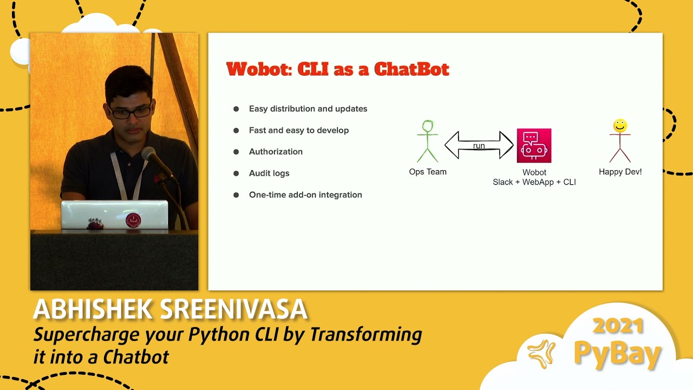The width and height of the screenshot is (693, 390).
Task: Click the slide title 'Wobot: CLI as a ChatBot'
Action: point(337,69)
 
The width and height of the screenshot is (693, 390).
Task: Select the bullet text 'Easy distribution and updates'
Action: point(308,109)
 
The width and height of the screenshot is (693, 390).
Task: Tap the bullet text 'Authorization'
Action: point(276,152)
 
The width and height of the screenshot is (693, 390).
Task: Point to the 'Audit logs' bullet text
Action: point(269,173)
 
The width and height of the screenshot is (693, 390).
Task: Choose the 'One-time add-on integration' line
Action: point(305,195)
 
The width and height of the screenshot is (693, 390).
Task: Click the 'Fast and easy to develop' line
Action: point(299,131)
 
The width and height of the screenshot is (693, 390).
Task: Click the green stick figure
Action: point(428,141)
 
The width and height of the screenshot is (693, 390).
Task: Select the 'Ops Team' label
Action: point(428,172)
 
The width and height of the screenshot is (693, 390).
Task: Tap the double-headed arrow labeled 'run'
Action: point(479,145)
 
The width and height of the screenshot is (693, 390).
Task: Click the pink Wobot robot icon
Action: point(534,146)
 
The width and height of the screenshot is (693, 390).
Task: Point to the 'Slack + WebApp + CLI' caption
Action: point(534,183)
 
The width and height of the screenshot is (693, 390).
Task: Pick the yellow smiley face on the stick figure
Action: point(620,126)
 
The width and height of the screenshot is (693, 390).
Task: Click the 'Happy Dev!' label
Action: point(620,172)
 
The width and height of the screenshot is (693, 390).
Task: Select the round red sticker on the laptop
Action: point(133,220)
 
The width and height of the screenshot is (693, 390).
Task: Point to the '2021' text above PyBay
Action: point(618,326)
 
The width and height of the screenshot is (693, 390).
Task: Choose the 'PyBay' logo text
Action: point(617,353)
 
